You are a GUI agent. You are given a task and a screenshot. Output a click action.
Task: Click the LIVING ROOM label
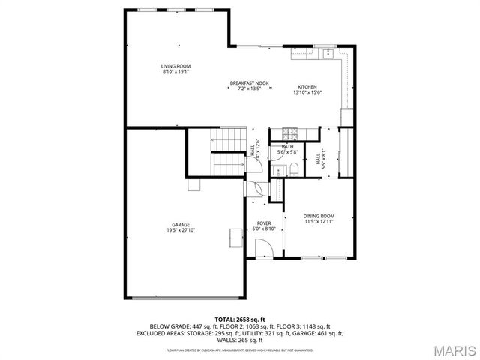(x=176, y=66)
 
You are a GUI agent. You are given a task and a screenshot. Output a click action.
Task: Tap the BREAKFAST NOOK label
(x=249, y=82)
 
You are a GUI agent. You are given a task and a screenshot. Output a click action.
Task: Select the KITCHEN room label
(x=307, y=86)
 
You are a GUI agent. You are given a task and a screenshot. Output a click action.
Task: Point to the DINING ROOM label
(x=319, y=216)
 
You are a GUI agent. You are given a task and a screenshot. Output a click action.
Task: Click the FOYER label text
(x=264, y=223)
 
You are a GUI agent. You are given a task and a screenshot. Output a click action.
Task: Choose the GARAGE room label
(x=180, y=224)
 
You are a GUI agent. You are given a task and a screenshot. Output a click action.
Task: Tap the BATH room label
(x=288, y=146)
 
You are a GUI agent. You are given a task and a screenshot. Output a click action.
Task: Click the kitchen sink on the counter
(x=327, y=53)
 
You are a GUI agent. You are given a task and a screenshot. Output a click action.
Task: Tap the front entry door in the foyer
(x=264, y=247)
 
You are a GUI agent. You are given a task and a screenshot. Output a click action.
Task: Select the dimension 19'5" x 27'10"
(x=180, y=230)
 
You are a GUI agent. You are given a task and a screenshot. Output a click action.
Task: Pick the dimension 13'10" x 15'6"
(x=307, y=92)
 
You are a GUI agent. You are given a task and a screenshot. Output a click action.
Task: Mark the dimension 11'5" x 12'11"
(x=319, y=222)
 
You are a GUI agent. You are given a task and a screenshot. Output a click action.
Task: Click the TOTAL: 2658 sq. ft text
(x=240, y=319)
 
